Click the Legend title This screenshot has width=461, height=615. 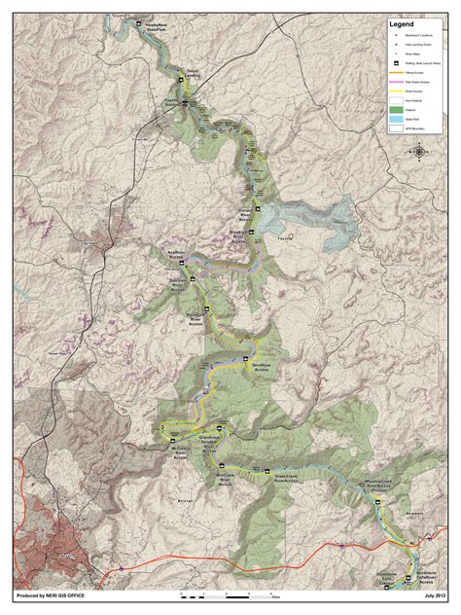[x=403, y=24]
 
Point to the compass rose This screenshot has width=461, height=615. [x=419, y=151]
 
